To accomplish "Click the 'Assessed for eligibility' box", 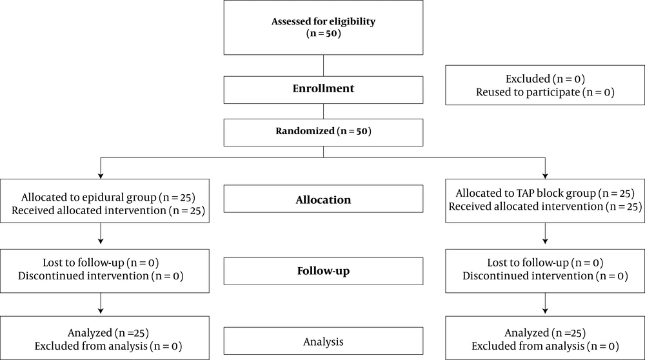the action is click(x=323, y=28).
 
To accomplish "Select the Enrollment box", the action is click(x=323, y=90).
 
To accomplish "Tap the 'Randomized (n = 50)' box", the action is click(x=323, y=132).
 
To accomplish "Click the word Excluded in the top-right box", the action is click(x=528, y=79).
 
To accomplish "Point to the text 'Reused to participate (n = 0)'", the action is click(x=545, y=92).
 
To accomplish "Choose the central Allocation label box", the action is click(x=323, y=199).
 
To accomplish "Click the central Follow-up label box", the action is click(x=323, y=271).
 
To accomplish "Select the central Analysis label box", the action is click(x=323, y=341).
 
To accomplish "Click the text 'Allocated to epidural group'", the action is click(x=89, y=197).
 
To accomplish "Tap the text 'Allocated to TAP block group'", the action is click(x=526, y=194).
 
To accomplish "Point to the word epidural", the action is click(x=103, y=197).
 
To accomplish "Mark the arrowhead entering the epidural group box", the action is click(x=101, y=176).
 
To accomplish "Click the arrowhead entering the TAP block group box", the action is click(x=545, y=176).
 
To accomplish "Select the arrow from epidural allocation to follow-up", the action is click(x=101, y=234).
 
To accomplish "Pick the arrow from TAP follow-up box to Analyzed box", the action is click(x=545, y=303).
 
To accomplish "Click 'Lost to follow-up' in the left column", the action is click(x=83, y=263).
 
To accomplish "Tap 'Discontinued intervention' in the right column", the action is click(x=528, y=275).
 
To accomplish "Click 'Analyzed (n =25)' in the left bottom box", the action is click(x=108, y=332).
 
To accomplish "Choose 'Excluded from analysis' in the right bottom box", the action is click(x=528, y=346).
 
